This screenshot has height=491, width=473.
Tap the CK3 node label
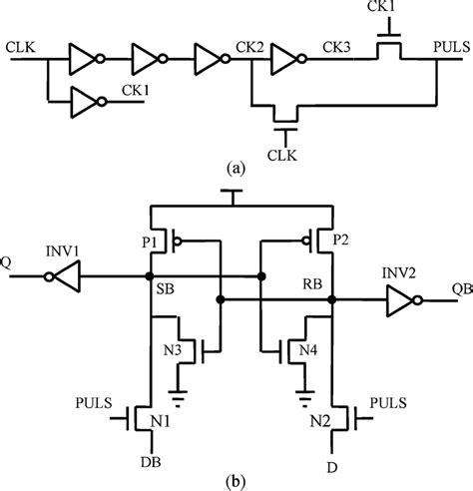pyautogui.click(x=336, y=46)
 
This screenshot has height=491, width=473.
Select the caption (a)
pyautogui.click(x=236, y=170)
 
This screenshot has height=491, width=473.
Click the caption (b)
pyautogui.click(x=236, y=480)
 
